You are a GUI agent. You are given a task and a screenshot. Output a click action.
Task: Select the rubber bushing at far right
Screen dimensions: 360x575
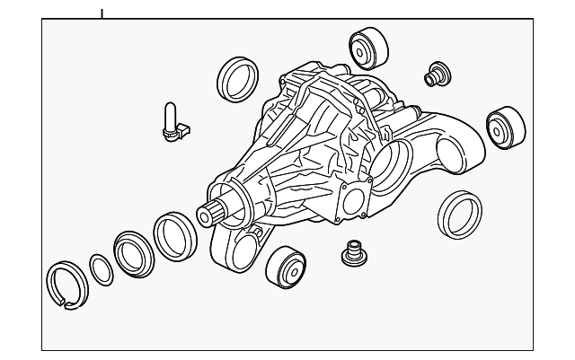tap(505, 127)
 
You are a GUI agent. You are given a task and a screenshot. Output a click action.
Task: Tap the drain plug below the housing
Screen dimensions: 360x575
tap(351, 254)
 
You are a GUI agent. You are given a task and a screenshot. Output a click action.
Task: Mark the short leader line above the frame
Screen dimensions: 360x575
tap(102, 13)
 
